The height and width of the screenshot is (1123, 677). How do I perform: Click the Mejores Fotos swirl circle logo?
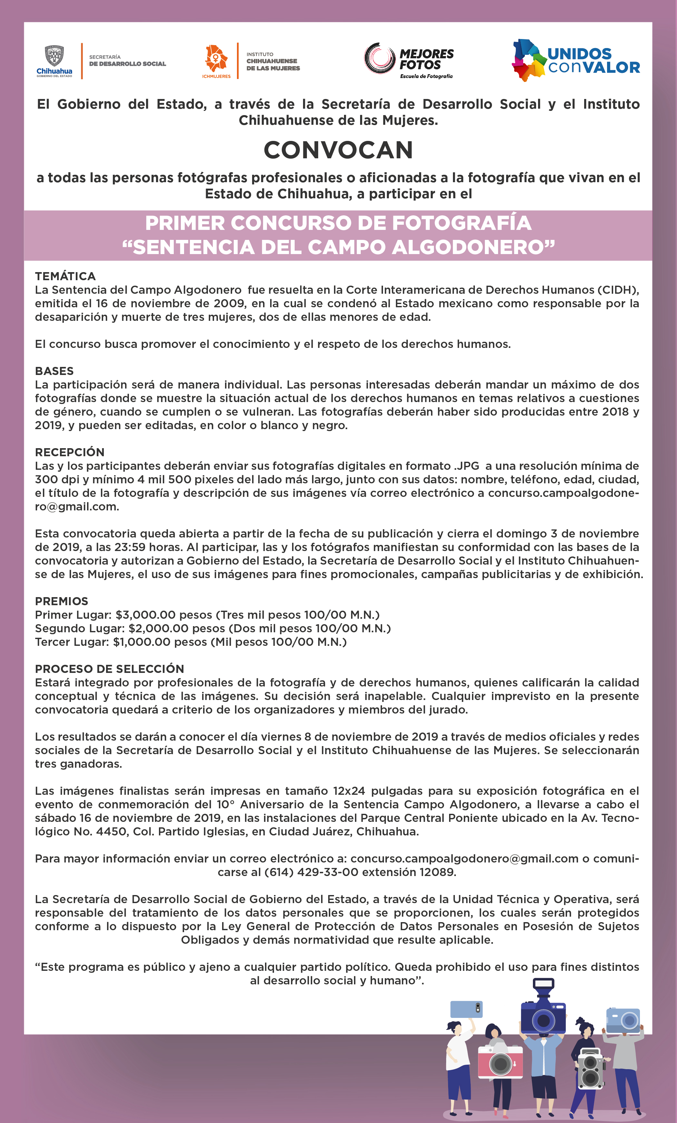379,58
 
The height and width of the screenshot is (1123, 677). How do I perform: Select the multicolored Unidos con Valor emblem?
528,60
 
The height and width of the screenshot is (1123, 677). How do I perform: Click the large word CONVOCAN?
338,150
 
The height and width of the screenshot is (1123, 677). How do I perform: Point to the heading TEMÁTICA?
65,276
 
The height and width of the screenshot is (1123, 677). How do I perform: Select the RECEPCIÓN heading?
70,452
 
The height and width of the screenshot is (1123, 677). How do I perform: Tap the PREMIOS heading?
62,601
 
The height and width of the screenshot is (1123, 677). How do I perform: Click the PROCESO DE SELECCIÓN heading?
109,669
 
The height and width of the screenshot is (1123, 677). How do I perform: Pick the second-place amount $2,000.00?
159,628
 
